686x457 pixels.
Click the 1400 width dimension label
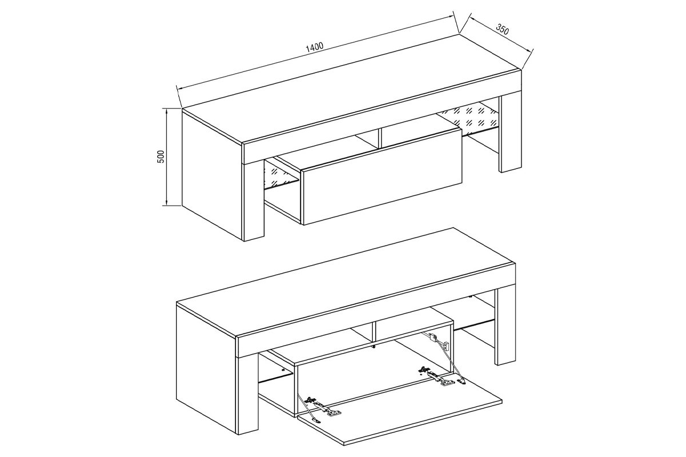[314, 46]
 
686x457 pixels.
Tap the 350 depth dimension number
[502, 30]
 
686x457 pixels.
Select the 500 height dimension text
[161, 157]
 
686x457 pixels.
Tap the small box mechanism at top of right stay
[432, 338]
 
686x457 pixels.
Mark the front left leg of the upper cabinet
[254, 201]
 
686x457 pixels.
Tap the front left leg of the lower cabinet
[248, 393]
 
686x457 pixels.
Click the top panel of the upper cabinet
[352, 89]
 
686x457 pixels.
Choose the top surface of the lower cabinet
[346, 282]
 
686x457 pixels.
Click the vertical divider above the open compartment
[374, 331]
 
